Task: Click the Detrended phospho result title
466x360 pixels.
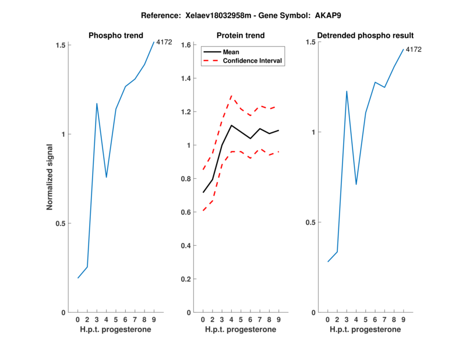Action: [x=365, y=36]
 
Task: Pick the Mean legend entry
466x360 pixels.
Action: [x=231, y=52]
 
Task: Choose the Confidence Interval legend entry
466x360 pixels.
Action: [x=253, y=60]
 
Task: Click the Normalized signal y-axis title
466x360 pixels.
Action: [x=50, y=178]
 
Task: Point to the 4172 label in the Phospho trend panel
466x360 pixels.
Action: [x=164, y=42]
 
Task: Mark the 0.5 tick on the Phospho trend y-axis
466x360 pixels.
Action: [x=61, y=224]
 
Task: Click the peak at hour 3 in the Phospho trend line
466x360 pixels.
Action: [x=97, y=104]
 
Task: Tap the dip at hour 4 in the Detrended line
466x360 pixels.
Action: [x=356, y=184]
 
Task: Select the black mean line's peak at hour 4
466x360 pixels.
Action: [x=231, y=125]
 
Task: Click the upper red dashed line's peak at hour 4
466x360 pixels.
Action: [x=231, y=96]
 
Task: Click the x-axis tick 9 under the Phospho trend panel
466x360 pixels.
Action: [x=154, y=320]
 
